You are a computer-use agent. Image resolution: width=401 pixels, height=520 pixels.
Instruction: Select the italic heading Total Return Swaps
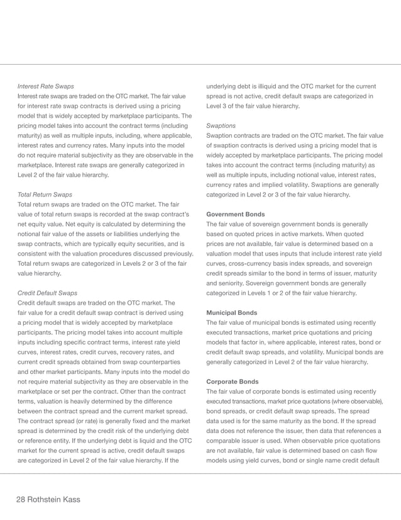click(45, 195)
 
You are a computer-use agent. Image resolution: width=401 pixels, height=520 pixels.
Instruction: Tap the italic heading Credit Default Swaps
click(48, 293)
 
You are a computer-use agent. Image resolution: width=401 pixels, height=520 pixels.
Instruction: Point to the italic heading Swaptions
click(221, 126)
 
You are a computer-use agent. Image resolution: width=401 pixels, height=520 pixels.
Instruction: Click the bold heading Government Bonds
click(235, 214)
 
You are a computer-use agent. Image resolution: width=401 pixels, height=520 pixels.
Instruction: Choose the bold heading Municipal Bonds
click(231, 313)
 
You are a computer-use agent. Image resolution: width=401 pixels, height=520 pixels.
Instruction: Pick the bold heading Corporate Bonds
click(232, 382)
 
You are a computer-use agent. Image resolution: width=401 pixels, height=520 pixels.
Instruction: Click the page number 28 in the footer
click(23, 499)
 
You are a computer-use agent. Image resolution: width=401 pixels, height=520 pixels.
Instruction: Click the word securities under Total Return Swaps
click(149, 244)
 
